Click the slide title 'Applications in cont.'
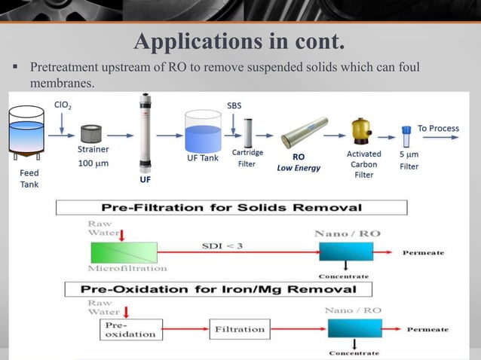click(239, 39)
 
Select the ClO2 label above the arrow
click(63, 105)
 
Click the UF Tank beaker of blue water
click(202, 134)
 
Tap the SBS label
click(234, 105)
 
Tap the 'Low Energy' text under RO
click(299, 168)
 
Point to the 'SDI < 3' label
click(221, 245)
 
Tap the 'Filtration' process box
click(239, 329)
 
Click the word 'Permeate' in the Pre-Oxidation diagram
click(427, 329)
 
